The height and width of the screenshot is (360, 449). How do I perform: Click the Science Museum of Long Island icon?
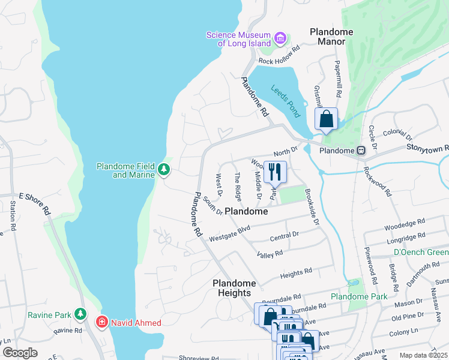click(280, 39)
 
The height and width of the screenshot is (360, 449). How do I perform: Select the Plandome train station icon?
click(361, 151)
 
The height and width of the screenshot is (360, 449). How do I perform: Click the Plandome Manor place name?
click(331, 36)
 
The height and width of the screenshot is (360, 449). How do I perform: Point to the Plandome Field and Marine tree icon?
click(163, 170)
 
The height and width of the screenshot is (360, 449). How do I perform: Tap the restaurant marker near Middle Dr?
click(275, 172)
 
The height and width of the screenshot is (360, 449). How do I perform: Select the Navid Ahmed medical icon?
click(102, 323)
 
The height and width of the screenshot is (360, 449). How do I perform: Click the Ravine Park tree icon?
click(80, 314)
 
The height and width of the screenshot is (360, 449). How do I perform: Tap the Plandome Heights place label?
click(234, 288)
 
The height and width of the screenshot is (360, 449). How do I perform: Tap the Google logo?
click(20, 352)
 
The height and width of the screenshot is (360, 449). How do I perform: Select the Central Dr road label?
click(284, 236)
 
